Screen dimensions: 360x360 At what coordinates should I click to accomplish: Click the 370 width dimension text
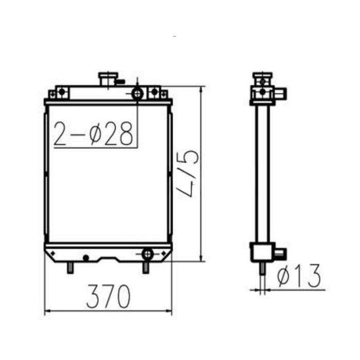(109, 297)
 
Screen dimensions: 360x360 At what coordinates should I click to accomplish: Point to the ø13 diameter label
(299, 276)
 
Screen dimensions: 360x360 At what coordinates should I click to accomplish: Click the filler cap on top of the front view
(108, 79)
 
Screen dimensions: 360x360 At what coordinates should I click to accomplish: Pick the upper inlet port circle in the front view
(137, 94)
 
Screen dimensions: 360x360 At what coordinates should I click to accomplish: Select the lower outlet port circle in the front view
(147, 254)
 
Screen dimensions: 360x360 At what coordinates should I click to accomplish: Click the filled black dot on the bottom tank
(86, 257)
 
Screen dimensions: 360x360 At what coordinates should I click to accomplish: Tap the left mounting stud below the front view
(70, 267)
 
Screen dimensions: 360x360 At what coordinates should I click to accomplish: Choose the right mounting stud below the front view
(146, 267)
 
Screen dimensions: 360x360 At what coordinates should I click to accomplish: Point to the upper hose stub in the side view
(281, 94)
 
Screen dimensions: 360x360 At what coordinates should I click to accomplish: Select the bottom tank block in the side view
(261, 252)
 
